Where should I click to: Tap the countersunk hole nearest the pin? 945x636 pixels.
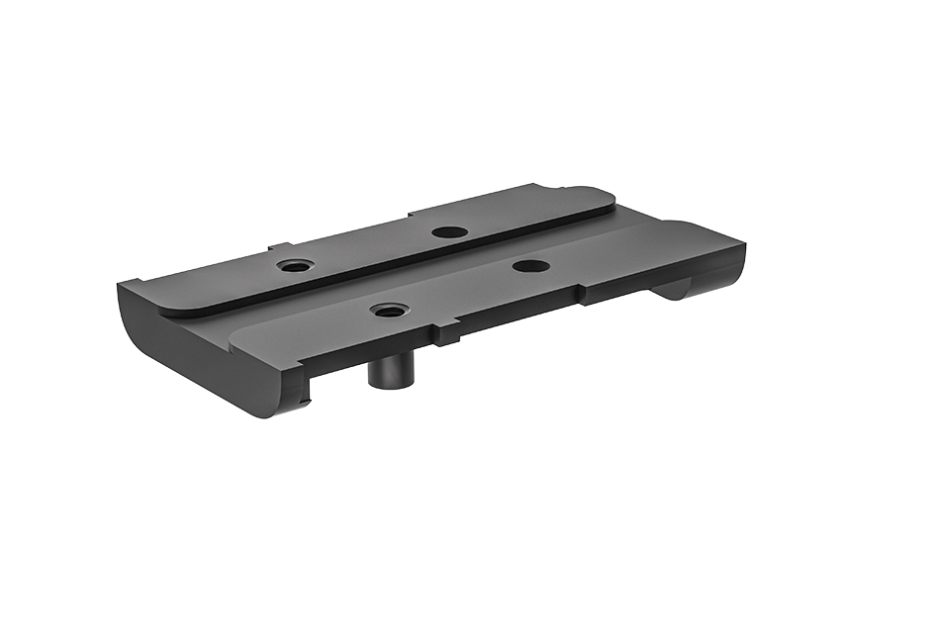(388, 311)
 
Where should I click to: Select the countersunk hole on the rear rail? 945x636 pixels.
(293, 266)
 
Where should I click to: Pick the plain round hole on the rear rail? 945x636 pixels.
(450, 232)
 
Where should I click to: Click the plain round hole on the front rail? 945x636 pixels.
(531, 265)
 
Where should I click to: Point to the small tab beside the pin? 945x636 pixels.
(444, 335)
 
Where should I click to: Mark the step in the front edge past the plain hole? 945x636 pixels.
(584, 295)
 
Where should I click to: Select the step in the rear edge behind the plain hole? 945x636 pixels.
(411, 215)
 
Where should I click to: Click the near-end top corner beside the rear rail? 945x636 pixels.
(123, 285)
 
